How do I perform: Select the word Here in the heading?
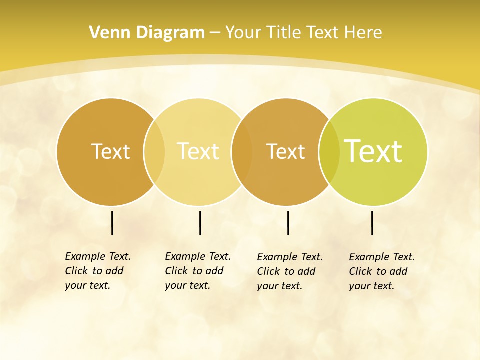click(x=363, y=33)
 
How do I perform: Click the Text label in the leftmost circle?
click(x=110, y=151)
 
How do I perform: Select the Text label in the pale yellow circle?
click(x=198, y=151)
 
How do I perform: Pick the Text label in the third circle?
click(x=285, y=151)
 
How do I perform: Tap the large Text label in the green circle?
click(x=373, y=151)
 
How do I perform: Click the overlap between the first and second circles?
click(x=154, y=152)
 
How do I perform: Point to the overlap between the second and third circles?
click(x=242, y=152)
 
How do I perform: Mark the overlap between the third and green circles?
click(x=329, y=152)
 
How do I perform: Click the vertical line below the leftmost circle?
click(x=112, y=223)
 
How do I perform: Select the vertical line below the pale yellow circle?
click(x=200, y=223)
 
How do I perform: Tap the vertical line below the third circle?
click(x=288, y=223)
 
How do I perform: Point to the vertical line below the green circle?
click(x=372, y=223)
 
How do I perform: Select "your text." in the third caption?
click(x=280, y=286)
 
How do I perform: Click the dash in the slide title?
click(x=215, y=33)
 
